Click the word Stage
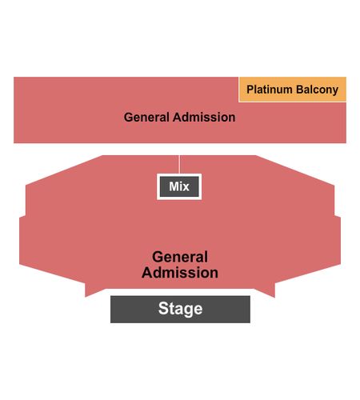180,309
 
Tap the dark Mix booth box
179,186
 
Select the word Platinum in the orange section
270,90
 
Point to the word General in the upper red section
146,118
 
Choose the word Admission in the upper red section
204,118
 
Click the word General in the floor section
180,257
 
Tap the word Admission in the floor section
180,273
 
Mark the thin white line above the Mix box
179,165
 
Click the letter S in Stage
163,308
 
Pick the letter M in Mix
174,186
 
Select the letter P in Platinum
250,90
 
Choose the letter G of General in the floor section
158,257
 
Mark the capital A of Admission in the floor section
147,273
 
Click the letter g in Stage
188,310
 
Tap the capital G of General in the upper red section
128,118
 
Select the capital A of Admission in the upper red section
178,118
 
